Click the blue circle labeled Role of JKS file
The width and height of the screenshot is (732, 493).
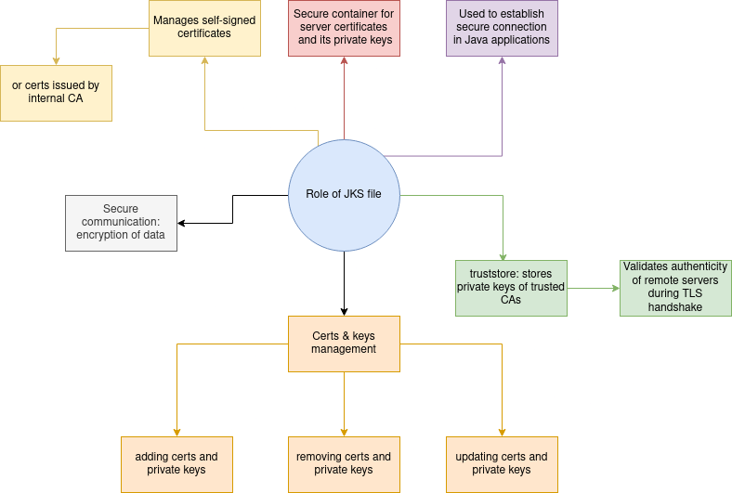pyautogui.click(x=344, y=195)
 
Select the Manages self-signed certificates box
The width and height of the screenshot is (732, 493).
pyautogui.click(x=204, y=28)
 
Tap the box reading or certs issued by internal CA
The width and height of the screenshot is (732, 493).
pyautogui.click(x=56, y=93)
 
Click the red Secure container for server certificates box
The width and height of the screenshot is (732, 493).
pyautogui.click(x=344, y=28)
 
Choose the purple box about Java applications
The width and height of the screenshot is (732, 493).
pyautogui.click(x=502, y=28)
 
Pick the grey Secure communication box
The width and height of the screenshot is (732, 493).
pyautogui.click(x=121, y=223)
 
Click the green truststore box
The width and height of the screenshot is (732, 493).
pyautogui.click(x=511, y=288)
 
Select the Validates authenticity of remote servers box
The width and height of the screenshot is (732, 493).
pyautogui.click(x=675, y=288)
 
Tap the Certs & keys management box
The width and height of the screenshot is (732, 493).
pyautogui.click(x=344, y=344)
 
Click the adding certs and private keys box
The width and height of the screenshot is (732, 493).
pyautogui.click(x=176, y=464)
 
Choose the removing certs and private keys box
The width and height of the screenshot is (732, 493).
pyautogui.click(x=344, y=464)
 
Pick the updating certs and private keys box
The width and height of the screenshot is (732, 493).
pyautogui.click(x=502, y=464)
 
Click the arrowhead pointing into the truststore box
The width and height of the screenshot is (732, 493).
pyautogui.click(x=503, y=255)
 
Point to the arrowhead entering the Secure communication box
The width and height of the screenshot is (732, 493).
pyautogui.click(x=182, y=223)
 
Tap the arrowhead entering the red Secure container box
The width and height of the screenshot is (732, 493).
pyautogui.click(x=344, y=61)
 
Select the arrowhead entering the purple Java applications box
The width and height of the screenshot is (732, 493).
pyautogui.click(x=503, y=61)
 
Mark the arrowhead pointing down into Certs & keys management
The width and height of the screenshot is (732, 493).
pyautogui.click(x=344, y=311)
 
